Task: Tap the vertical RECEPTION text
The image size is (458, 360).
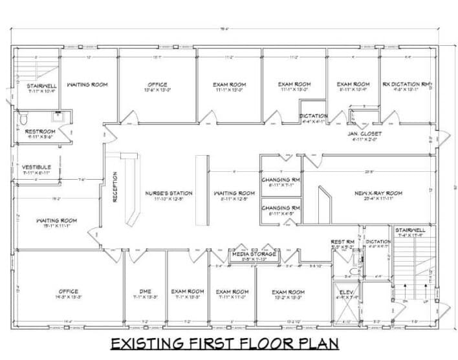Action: click(115, 187)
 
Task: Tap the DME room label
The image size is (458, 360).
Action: click(145, 291)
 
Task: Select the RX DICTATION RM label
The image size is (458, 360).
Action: click(406, 85)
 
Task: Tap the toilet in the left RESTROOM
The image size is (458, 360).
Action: click(23, 119)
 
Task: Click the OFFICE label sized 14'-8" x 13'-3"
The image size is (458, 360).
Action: click(69, 291)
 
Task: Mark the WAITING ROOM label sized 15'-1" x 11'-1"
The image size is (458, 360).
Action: click(56, 221)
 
